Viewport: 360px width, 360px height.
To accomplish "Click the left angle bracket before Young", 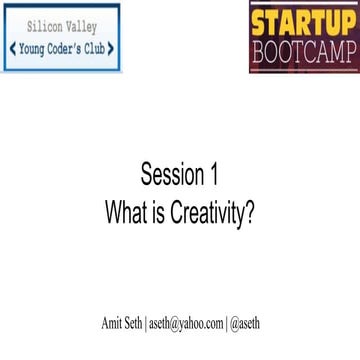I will (12, 47).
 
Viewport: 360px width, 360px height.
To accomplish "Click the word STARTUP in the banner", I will (305, 22).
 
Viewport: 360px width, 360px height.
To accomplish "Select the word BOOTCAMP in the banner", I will (305, 51).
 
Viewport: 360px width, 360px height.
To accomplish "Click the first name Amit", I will (114, 324).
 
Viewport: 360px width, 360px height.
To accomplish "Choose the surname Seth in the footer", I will (140, 324).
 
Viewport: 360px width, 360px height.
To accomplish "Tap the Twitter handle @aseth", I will (247, 324).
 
